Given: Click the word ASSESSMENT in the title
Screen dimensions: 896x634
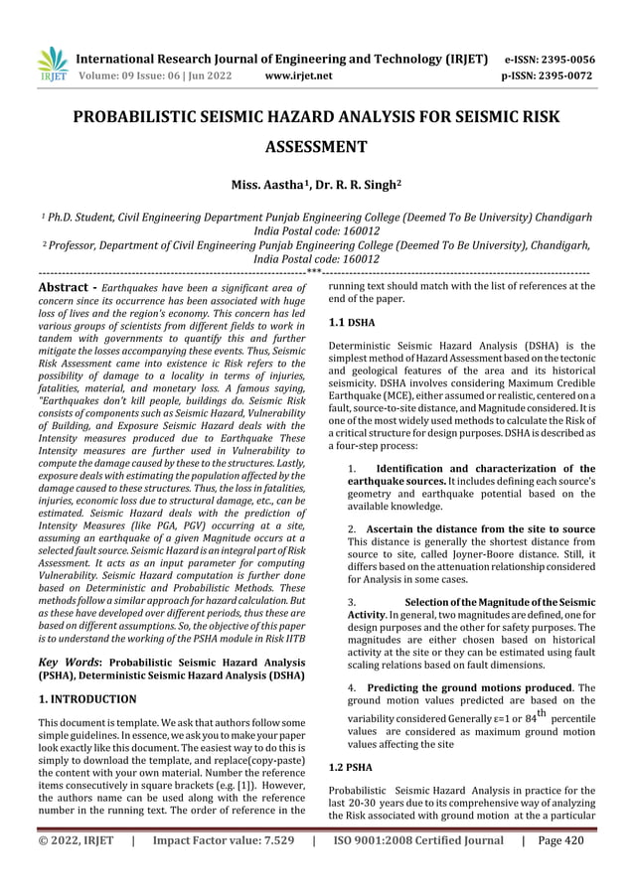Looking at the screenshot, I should coord(316,148).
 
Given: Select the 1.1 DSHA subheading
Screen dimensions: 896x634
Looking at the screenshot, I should coord(348,323).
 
